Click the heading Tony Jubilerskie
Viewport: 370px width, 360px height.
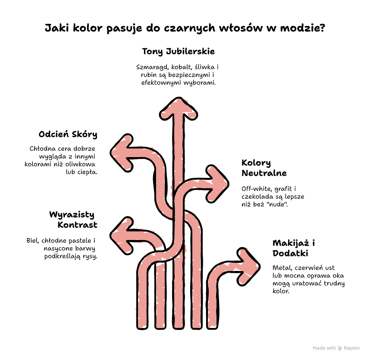point(179,51)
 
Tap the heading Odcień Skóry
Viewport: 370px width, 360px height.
point(68,134)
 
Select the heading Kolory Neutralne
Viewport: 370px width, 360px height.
point(264,168)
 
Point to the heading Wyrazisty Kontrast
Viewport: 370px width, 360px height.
point(73,220)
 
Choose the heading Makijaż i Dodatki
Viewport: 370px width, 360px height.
point(294,248)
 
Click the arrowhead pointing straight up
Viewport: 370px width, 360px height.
point(179,109)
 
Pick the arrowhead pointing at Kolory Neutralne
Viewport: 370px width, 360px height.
point(217,184)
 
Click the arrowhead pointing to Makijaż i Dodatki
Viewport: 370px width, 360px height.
point(248,267)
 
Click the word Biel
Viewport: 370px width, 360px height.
point(33,240)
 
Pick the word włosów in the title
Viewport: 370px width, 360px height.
point(241,28)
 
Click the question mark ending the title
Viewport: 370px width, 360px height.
point(322,28)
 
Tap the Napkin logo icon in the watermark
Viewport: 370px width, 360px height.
point(340,348)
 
